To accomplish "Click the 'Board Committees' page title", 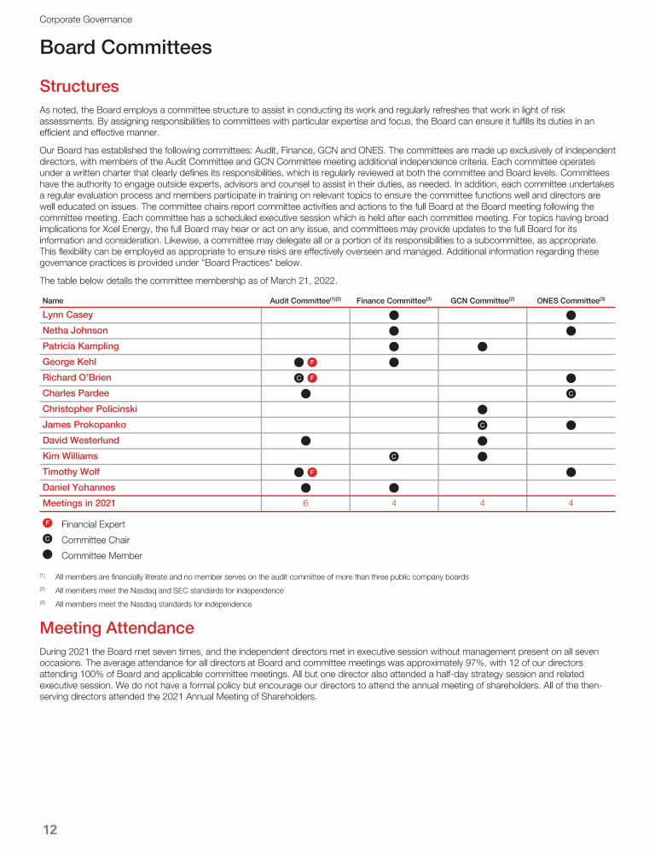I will click(x=126, y=48).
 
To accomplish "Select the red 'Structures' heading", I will click(x=79, y=86).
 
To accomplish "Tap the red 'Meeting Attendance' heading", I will click(x=117, y=628).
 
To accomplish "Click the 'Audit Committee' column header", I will click(x=305, y=300).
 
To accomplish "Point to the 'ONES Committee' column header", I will click(x=571, y=300).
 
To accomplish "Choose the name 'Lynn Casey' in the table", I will click(x=68, y=315).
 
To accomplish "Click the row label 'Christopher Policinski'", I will click(x=90, y=409).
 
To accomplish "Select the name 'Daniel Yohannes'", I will click(x=78, y=487).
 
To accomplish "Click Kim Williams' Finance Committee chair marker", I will click(x=394, y=456).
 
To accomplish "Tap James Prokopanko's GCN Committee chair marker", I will click(x=482, y=425).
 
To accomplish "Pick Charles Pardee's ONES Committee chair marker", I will click(x=571, y=393).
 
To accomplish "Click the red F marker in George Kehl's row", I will click(x=313, y=362).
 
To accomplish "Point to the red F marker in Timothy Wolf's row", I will click(x=313, y=472).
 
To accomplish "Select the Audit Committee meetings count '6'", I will click(x=305, y=503).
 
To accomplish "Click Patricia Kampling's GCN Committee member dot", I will click(x=482, y=346).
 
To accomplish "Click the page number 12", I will click(x=49, y=829).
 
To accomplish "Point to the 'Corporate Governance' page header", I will click(x=85, y=19).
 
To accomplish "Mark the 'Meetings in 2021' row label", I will click(x=78, y=503).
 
